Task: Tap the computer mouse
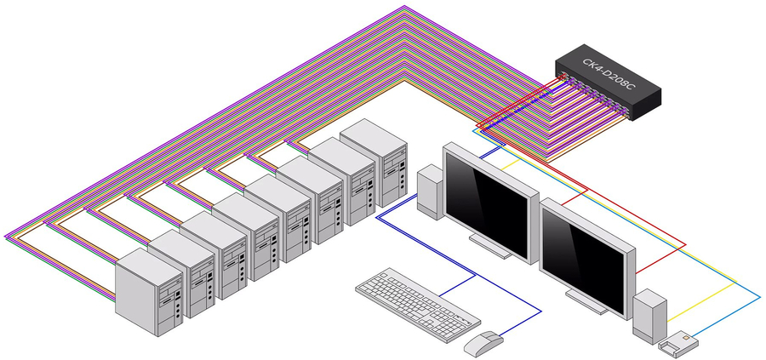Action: click(483, 343)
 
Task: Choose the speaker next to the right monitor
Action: click(649, 315)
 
